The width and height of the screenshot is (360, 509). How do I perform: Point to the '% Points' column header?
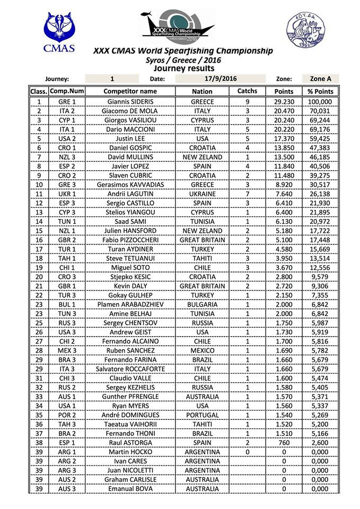(320, 91)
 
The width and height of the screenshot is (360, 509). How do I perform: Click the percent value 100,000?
(320, 102)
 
